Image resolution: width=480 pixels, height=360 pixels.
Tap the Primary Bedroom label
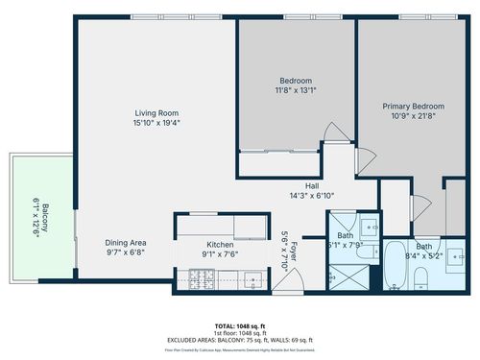click(410, 107)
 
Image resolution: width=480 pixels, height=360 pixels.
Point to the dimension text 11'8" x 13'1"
click(294, 89)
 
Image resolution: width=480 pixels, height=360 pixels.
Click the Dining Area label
click(126, 243)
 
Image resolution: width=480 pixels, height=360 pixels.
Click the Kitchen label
click(220, 245)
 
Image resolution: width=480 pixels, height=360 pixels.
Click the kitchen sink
click(252, 280)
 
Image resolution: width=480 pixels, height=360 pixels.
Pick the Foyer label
click(286, 251)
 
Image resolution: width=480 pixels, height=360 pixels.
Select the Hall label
click(312, 185)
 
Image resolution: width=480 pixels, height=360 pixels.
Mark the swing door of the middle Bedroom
click(332, 135)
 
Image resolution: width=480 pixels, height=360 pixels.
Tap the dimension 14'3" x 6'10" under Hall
click(312, 195)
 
